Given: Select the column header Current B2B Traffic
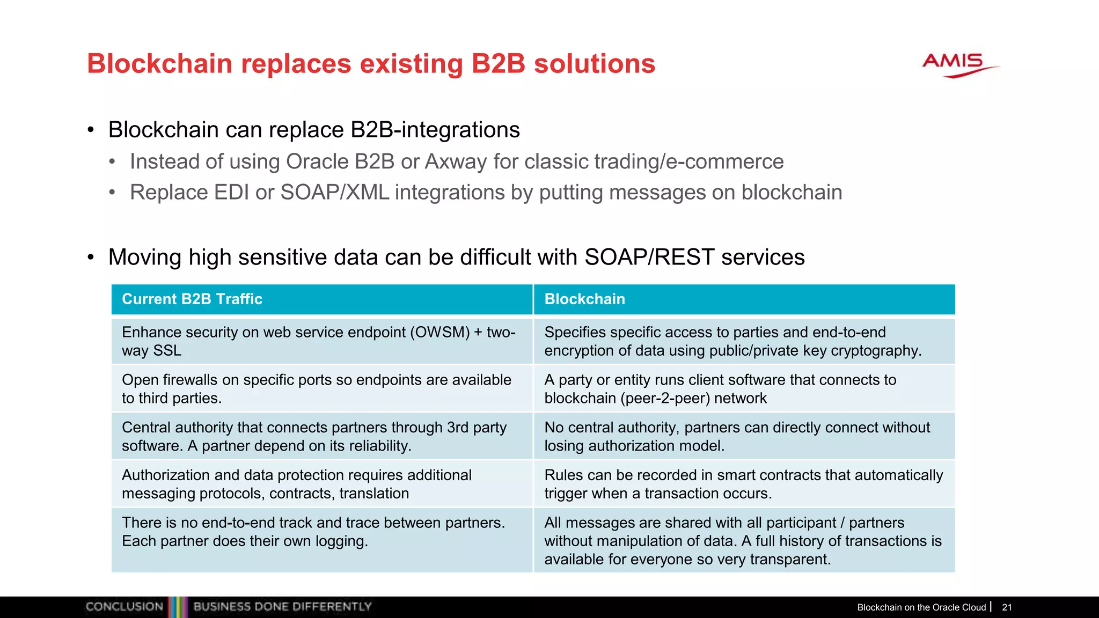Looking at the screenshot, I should coord(192,299).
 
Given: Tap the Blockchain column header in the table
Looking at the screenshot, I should coord(584,299).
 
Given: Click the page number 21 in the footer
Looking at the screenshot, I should coord(1007,607).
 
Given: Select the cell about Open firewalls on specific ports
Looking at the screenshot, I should coord(321,388).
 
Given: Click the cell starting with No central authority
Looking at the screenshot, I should coord(743,436).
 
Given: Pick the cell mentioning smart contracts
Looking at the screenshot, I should coord(743,484).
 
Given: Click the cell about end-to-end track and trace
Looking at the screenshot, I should coord(321,532).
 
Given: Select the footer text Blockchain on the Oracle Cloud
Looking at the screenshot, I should coord(921,607).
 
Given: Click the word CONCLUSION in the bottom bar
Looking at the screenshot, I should coord(124,607).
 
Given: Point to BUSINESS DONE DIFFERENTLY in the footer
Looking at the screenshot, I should coord(282,607).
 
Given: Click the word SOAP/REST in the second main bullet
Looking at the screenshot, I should coord(649,257).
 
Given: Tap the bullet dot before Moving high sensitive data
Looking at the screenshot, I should coord(91,257).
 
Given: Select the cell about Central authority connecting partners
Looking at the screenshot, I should coord(321,436).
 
